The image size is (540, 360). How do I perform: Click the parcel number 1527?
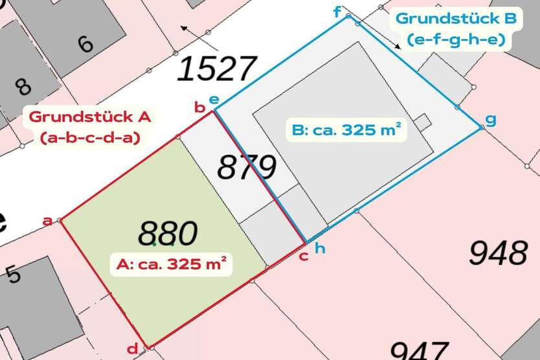click(x=216, y=69)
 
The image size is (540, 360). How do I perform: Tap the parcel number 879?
click(x=246, y=168)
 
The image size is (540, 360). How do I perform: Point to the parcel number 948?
click(x=498, y=253)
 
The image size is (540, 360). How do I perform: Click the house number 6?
click(x=85, y=45)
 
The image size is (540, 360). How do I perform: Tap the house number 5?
click(x=13, y=275)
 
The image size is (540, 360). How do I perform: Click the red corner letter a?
click(x=47, y=221)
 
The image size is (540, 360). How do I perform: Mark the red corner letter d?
click(x=132, y=349)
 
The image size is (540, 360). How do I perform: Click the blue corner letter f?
click(x=337, y=12)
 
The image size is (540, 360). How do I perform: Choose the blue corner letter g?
click(x=491, y=120)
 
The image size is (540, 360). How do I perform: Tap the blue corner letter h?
click(x=319, y=247)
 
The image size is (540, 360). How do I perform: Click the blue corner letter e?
click(x=214, y=100)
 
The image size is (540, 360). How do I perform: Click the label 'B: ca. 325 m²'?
click(x=346, y=130)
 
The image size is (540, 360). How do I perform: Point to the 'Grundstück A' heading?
click(x=90, y=117)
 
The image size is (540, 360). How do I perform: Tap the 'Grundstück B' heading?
click(x=456, y=19)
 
